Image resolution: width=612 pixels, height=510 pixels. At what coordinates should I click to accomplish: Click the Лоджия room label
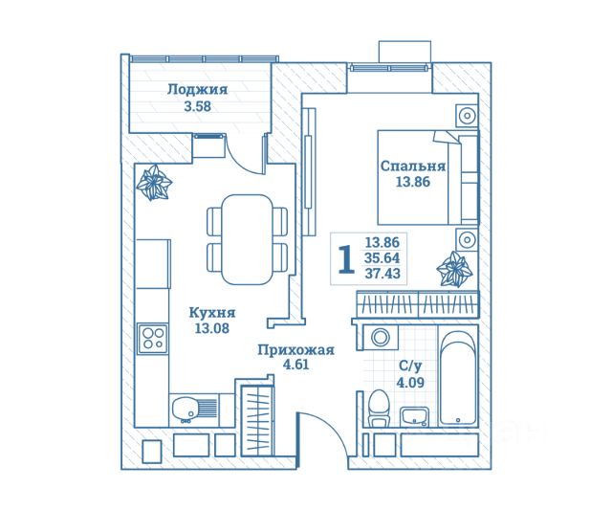pos(197,90)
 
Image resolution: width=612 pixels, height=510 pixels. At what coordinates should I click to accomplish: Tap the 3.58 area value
pos(197,106)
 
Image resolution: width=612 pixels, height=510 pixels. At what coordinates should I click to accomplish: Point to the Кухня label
pos(212,313)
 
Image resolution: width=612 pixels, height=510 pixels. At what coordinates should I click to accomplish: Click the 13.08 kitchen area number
pos(212,329)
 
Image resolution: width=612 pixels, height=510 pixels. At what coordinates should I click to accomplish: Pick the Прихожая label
pos(296,350)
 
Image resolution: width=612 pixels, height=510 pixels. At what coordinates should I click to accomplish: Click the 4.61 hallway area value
pos(296,366)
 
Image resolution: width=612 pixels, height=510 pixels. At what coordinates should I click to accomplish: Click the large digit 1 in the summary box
pos(345,258)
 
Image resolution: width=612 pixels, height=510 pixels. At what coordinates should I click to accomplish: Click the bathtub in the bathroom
pos(458,377)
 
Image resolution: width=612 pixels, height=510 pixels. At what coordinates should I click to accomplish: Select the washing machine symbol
pos(381,338)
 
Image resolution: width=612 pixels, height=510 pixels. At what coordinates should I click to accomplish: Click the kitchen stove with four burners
pos(153,337)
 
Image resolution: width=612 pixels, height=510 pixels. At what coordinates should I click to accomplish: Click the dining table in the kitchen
pos(248,239)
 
